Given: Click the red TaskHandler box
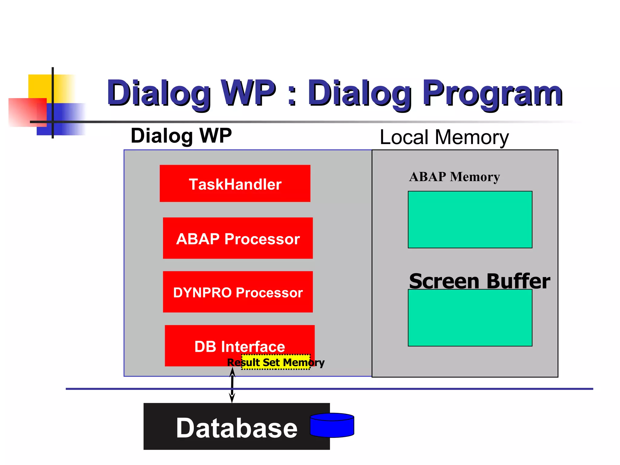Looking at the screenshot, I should pos(235,183).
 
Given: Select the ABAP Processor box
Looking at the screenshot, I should pos(238,238).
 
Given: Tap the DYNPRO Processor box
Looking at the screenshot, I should pos(238,292).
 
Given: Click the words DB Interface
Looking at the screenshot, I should pos(239,346).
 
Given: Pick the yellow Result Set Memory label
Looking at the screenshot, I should pos(276,362).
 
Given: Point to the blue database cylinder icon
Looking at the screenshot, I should pos(332,425).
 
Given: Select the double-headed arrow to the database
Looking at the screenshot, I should pos(232,385).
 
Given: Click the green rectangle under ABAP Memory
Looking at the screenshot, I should pos(470,219).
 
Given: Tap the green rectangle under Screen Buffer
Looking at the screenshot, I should pos(470,318).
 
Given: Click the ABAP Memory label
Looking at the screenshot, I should pos(454,177).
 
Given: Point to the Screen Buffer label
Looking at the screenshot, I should pos(479,281).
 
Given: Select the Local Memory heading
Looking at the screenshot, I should pos(444,137).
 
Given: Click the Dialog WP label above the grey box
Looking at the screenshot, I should pos(181,136).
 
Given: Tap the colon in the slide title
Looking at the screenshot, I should pos(292,96).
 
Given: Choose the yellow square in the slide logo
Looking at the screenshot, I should pos(39,86).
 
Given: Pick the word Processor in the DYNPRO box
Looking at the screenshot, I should pos(269,292).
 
